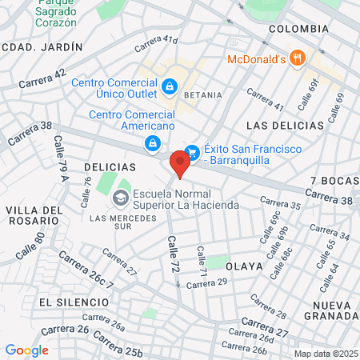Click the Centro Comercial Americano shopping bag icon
[x=152, y=142]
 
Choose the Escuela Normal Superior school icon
[x=121, y=198]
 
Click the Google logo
[x=26, y=350]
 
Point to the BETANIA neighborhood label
[x=202, y=94]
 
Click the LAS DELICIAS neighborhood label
[x=286, y=126]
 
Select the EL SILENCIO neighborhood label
[x=73, y=302]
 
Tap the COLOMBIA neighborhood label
[x=298, y=29]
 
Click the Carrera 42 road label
[x=41, y=78]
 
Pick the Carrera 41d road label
[x=156, y=43]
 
